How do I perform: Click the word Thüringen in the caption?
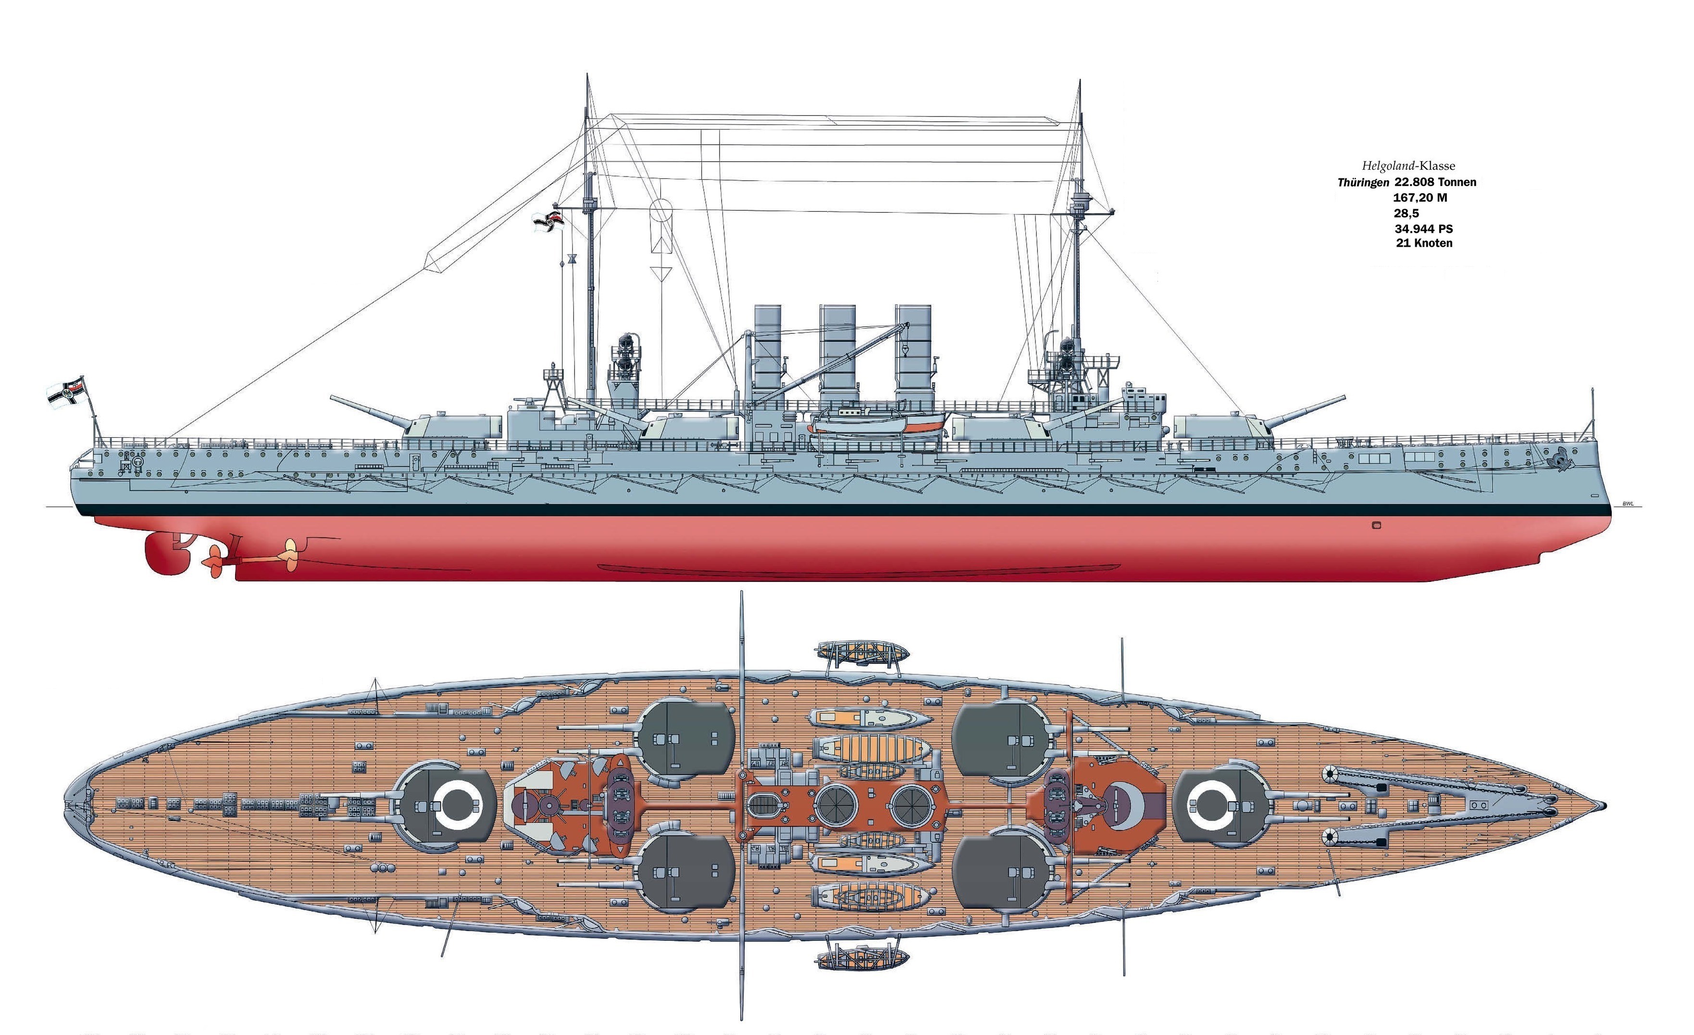[x=1363, y=183]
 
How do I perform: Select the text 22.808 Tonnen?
[x=1435, y=182]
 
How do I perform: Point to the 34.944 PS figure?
[x=1423, y=228]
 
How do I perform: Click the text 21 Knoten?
[x=1424, y=243]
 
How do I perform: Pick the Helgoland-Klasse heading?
[x=1408, y=166]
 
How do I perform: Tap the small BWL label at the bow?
[x=1627, y=504]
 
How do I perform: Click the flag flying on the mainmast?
[x=548, y=221]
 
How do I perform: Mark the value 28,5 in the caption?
[x=1406, y=213]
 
